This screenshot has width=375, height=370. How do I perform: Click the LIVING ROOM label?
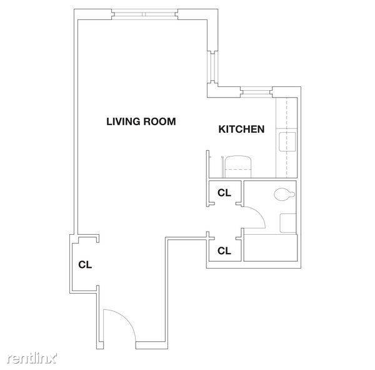(x=141, y=121)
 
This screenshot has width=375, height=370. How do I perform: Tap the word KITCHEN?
(x=241, y=129)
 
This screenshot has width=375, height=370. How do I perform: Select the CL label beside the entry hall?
(x=85, y=265)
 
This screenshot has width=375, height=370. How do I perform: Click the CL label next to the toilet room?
(x=224, y=193)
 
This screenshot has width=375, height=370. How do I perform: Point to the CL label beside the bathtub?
(x=224, y=251)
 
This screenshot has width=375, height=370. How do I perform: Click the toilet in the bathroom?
(x=284, y=194)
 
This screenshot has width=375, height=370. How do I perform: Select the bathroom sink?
(x=288, y=223)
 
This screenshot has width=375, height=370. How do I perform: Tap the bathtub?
(x=270, y=247)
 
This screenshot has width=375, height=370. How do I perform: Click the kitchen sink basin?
(x=287, y=141)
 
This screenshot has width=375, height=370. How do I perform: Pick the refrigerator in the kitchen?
(x=239, y=167)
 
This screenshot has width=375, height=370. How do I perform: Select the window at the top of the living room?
(x=145, y=14)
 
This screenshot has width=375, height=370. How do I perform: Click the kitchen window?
(x=256, y=92)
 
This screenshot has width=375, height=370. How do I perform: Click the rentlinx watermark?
(x=32, y=358)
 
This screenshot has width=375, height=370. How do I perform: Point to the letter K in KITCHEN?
(x=222, y=129)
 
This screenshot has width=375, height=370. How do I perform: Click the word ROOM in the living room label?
(x=159, y=121)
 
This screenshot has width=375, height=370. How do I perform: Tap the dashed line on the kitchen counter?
(x=286, y=138)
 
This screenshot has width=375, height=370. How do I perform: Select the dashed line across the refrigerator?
(x=239, y=170)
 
